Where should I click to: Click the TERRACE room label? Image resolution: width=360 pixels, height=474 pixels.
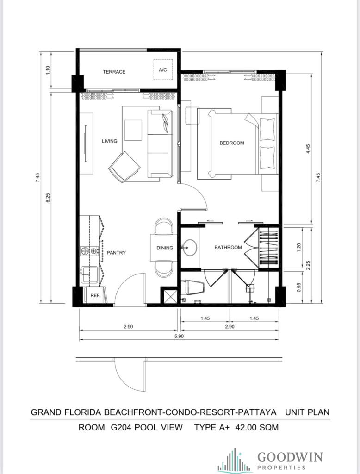tap(114, 72)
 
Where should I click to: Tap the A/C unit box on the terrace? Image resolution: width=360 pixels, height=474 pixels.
tap(162, 70)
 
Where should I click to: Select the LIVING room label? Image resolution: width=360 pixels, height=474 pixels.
tap(109, 141)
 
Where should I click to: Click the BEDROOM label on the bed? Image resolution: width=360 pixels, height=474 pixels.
tap(231, 143)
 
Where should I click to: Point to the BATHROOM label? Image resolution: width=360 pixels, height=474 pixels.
tap(228, 247)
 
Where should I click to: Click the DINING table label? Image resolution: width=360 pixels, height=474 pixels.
tap(165, 248)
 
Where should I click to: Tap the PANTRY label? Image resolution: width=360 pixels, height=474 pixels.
tap(116, 253)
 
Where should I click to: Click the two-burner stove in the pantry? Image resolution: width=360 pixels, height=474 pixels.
tap(90, 250)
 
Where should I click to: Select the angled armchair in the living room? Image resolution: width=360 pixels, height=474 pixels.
tap(124, 167)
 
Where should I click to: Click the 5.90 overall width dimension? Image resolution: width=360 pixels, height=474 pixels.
tap(179, 336)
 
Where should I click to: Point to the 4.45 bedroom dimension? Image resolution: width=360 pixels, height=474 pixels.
tap(308, 149)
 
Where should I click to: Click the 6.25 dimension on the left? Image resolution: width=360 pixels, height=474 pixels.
tap(48, 198)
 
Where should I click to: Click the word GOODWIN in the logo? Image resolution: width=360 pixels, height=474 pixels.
tap(290, 457)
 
